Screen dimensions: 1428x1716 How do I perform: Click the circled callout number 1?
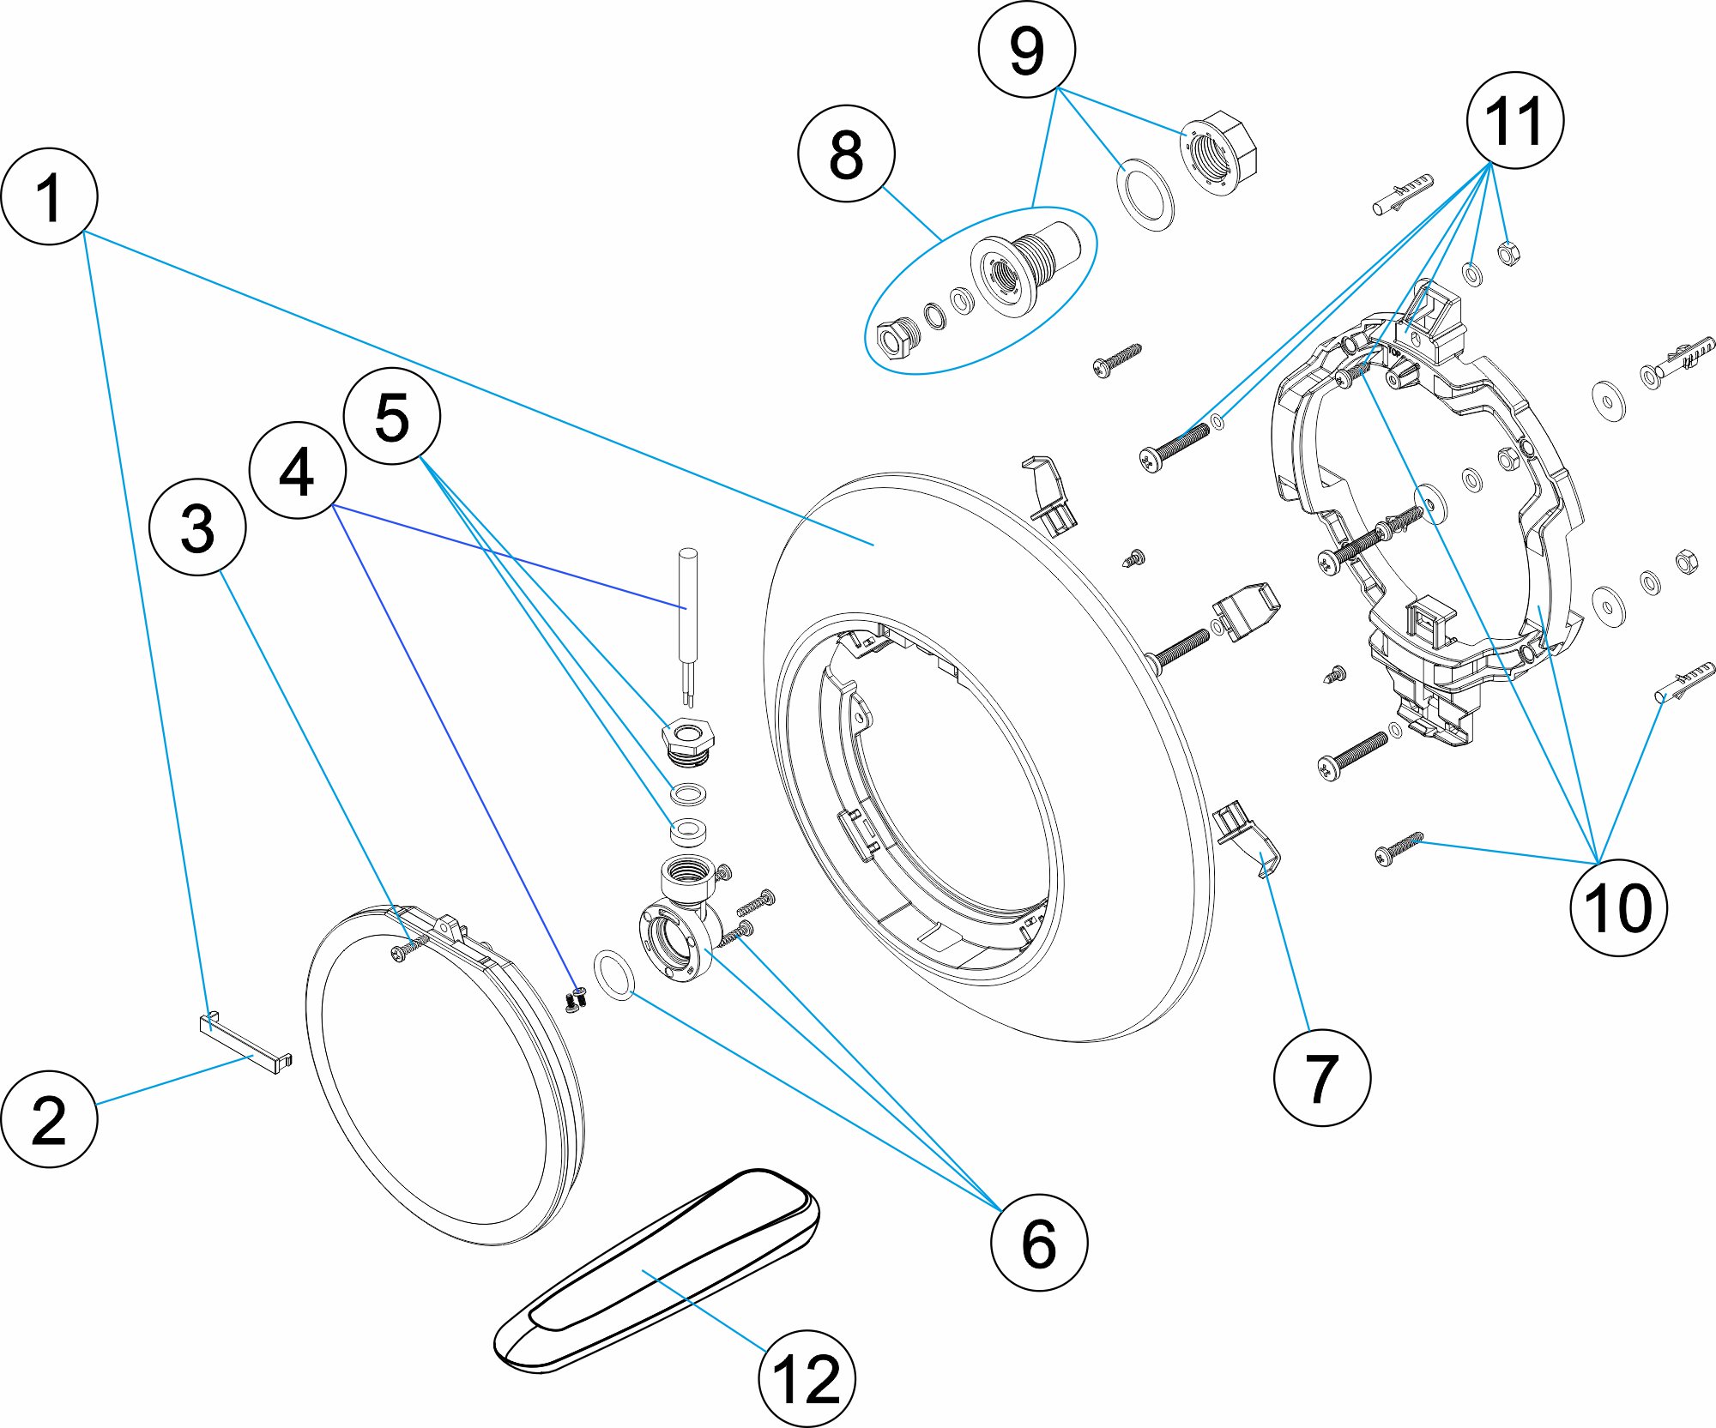[x=49, y=196]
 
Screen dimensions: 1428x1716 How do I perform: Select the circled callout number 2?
[x=49, y=1118]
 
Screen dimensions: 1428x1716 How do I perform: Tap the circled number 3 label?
[x=197, y=527]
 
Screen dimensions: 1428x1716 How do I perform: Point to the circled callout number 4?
[x=297, y=470]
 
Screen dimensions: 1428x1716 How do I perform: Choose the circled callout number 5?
[x=392, y=417]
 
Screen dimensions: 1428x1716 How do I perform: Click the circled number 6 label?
[x=1038, y=1242]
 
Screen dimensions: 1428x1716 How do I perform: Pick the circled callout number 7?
[x=1321, y=1077]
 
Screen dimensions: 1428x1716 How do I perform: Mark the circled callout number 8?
[x=846, y=154]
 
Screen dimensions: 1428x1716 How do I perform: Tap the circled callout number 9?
[x=1026, y=50]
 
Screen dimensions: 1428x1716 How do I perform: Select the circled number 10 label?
[x=1618, y=907]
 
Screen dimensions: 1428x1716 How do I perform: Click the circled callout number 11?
[x=1514, y=120]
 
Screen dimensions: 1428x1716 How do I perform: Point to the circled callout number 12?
[x=807, y=1378]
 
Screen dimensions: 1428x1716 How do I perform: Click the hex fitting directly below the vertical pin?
[x=688, y=740]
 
